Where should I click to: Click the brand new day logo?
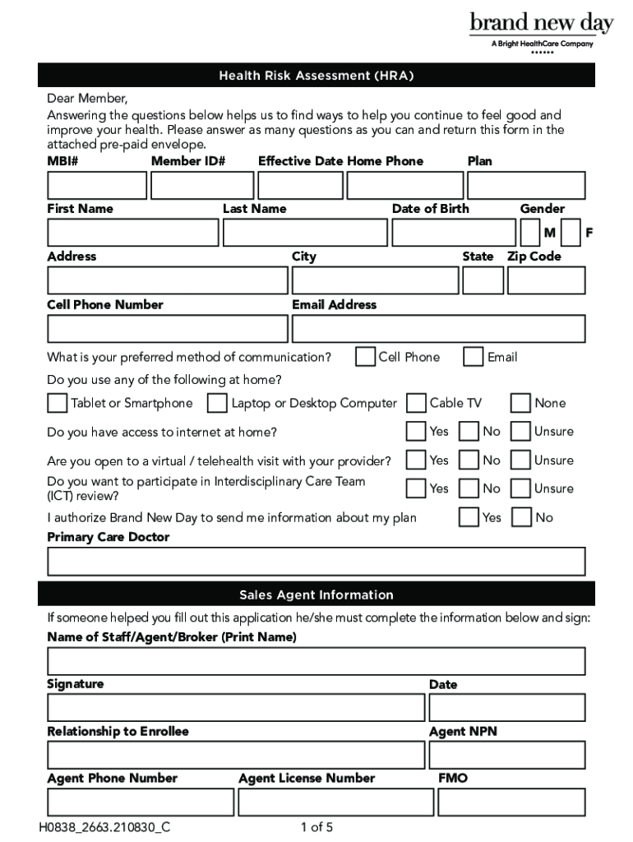click(x=541, y=31)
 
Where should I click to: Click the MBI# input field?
click(x=96, y=186)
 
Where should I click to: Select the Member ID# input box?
click(x=202, y=186)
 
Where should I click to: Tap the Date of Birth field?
click(x=452, y=233)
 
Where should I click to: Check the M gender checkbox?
click(x=530, y=233)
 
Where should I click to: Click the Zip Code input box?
click(x=546, y=280)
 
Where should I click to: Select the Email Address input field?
click(x=438, y=328)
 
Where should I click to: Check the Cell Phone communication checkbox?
click(x=366, y=357)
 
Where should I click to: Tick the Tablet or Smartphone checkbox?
click(x=58, y=403)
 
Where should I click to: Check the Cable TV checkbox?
click(x=417, y=403)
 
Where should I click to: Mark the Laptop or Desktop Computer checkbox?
click(x=218, y=403)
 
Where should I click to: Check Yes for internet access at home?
click(x=417, y=432)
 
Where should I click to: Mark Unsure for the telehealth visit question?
click(x=520, y=460)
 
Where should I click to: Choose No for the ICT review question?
click(x=469, y=488)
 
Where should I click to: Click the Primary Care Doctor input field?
click(x=316, y=561)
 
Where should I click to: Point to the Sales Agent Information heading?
click(x=316, y=594)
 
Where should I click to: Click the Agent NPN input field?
click(x=506, y=755)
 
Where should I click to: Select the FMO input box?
click(x=511, y=802)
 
